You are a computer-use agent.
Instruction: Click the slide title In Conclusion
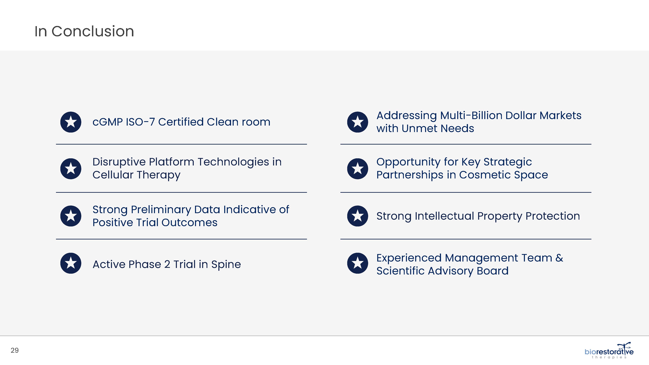[84, 31]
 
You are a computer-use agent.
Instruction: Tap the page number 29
[15, 350]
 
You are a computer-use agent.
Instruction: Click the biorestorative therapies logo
[609, 350]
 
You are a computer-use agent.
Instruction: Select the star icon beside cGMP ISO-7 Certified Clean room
[71, 122]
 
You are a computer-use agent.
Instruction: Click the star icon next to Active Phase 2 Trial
[71, 263]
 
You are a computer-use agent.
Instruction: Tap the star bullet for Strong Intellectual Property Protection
[357, 216]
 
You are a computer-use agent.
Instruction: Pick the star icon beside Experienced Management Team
[357, 263]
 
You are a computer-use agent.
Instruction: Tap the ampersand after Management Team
[559, 258]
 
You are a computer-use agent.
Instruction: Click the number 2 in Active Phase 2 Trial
[167, 264]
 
